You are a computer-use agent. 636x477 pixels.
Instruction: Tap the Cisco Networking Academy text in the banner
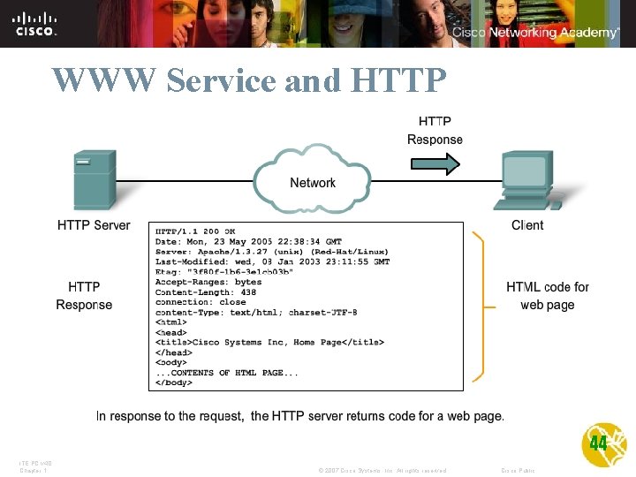tap(535, 33)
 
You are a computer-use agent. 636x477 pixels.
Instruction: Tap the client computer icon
tap(527, 180)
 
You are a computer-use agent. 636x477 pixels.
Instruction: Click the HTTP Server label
tap(94, 225)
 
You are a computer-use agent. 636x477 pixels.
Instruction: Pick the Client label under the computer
tap(527, 225)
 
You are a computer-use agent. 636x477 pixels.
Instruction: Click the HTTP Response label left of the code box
tap(84, 296)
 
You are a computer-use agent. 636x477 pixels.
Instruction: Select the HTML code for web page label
tap(548, 296)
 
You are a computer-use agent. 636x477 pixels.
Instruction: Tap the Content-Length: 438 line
tap(206, 292)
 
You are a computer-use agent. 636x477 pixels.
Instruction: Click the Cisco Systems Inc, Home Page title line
tap(269, 342)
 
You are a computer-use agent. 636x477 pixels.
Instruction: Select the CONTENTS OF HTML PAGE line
tap(227, 373)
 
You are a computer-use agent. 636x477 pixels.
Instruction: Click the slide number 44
tap(598, 443)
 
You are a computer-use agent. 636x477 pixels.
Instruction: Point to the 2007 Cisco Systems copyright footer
tap(382, 470)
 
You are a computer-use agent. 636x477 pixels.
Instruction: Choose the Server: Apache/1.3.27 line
tap(272, 252)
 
